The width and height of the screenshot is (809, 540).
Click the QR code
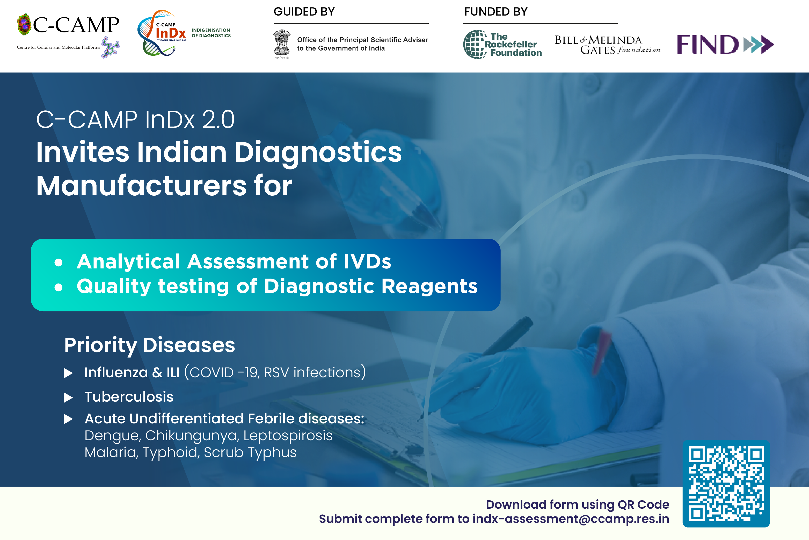(x=726, y=483)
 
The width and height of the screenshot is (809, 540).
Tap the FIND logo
(x=725, y=44)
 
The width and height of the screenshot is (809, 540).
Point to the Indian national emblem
(x=282, y=44)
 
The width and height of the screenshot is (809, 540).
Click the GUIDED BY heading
(x=304, y=12)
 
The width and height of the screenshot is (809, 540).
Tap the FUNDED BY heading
(x=495, y=12)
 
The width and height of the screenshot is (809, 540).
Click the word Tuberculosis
(x=129, y=397)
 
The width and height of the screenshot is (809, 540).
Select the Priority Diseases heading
(x=150, y=345)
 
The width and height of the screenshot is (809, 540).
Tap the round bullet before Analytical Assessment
(x=59, y=263)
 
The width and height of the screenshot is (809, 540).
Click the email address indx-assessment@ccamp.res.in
(x=571, y=519)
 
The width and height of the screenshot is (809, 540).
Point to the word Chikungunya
(x=192, y=436)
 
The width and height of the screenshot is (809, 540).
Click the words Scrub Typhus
(x=250, y=452)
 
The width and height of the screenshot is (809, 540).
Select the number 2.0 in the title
(x=218, y=120)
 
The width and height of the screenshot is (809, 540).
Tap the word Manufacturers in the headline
(x=141, y=186)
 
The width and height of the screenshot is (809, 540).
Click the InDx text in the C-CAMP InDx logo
(x=171, y=33)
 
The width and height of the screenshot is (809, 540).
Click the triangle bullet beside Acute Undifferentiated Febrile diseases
(x=68, y=419)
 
